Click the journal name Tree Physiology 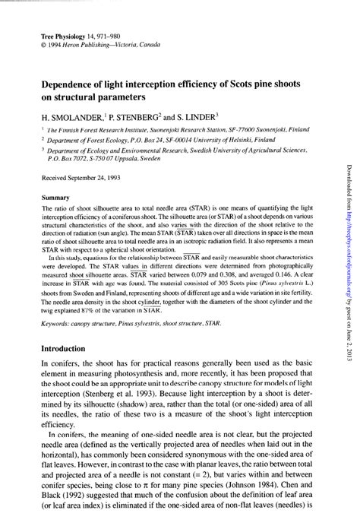click(62, 36)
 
